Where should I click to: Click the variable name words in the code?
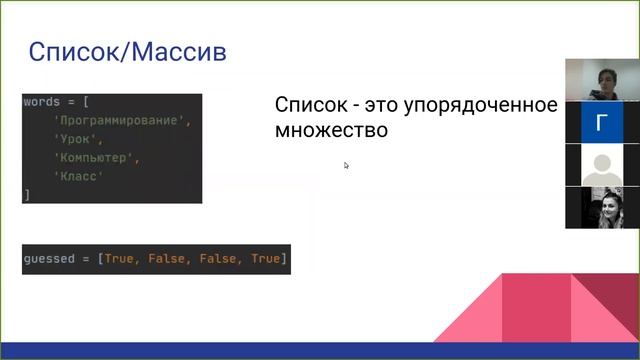coord(41,103)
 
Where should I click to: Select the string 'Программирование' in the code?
coord(121,121)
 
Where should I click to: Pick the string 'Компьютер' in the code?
coord(96,158)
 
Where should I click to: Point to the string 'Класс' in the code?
coord(80,176)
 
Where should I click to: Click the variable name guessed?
coord(49,259)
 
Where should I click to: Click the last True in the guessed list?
coord(266,259)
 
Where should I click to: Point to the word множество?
coord(330,130)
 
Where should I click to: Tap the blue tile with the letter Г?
coord(601,123)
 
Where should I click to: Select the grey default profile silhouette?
coord(601,165)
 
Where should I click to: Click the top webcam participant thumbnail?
coord(601,80)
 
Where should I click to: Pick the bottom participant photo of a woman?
coord(601,208)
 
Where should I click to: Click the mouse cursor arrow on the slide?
coord(346,165)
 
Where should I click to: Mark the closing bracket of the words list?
coord(27,195)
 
